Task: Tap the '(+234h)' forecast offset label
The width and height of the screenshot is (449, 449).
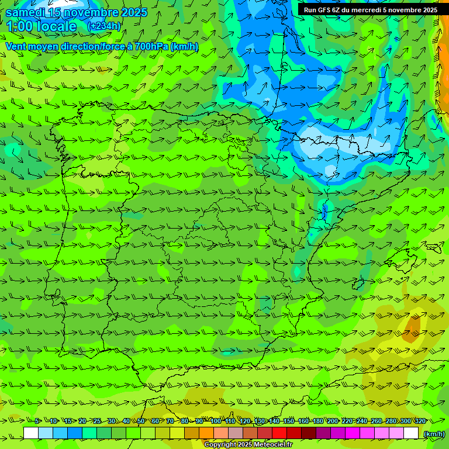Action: pos(103,26)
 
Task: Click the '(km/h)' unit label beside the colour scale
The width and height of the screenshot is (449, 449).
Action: pos(434,433)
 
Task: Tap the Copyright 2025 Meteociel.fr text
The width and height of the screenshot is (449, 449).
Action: pos(248,445)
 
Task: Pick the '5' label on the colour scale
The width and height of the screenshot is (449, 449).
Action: pos(37,421)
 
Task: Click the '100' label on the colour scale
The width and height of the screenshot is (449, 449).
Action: pos(216,421)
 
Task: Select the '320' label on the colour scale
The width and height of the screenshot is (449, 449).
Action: pos(420,421)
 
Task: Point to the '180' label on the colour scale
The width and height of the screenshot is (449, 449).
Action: pos(317,421)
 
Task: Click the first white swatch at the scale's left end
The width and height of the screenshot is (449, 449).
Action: pos(31,433)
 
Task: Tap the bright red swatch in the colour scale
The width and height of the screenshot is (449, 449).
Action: pos(279,433)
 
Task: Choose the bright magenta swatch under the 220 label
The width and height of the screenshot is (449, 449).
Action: pos(353,433)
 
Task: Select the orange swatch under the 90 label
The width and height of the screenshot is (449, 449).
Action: pos(206,433)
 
